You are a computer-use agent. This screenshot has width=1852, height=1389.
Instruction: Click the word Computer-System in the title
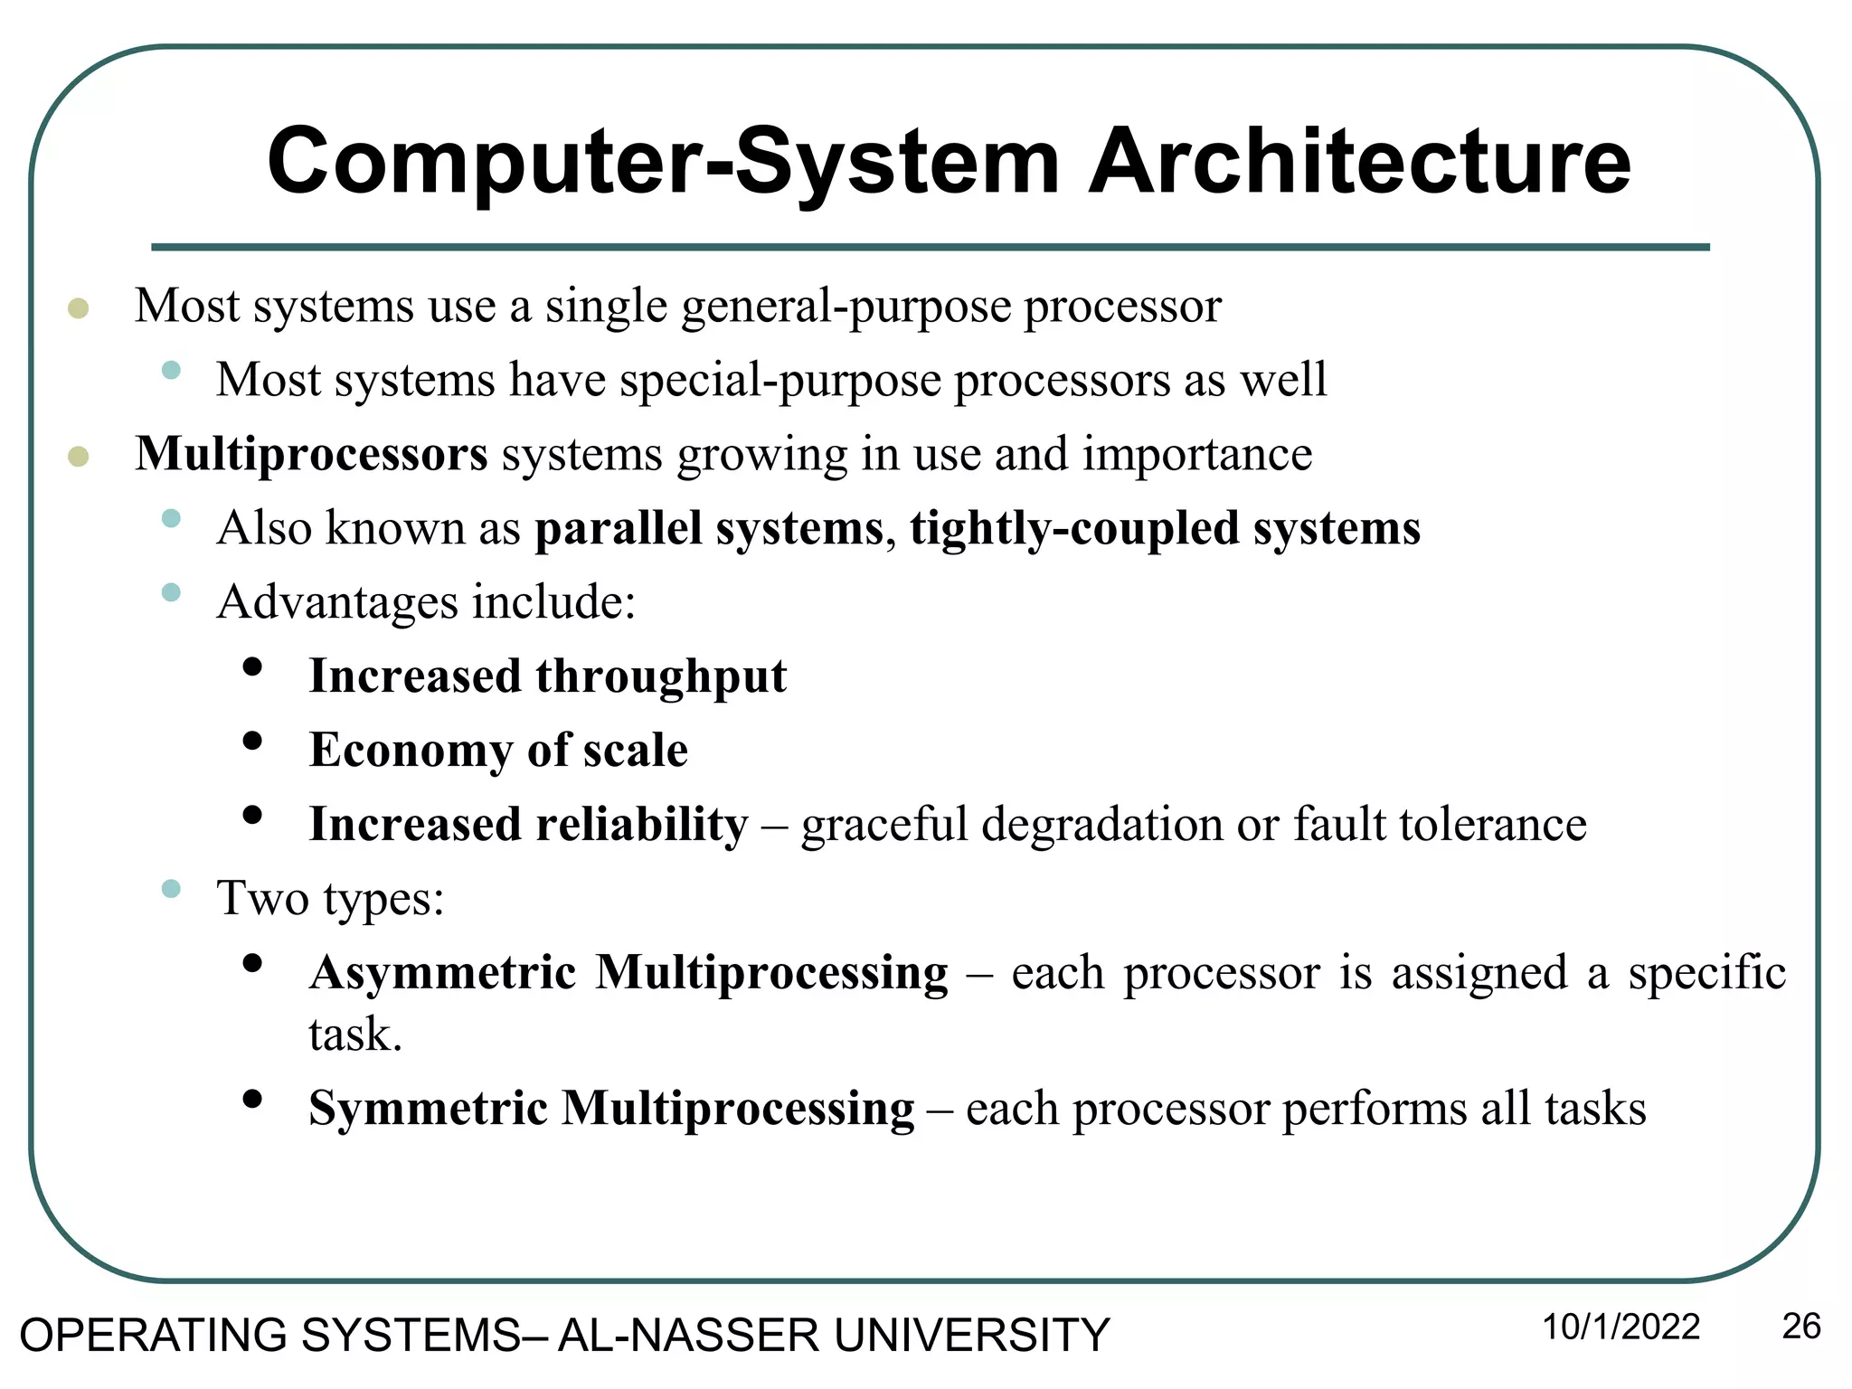(x=663, y=163)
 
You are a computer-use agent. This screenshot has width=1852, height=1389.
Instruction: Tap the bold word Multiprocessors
(x=311, y=453)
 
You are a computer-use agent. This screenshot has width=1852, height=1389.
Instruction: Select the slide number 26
(x=1800, y=1327)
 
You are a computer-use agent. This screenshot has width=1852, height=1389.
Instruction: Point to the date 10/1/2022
(x=1620, y=1328)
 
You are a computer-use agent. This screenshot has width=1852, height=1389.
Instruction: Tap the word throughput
(x=661, y=677)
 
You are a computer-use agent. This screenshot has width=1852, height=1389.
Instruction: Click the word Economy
(x=411, y=751)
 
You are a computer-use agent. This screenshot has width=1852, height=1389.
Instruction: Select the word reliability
(x=642, y=824)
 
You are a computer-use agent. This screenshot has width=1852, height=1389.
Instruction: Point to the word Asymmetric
(x=443, y=973)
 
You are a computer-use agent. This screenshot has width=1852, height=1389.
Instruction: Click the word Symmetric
(x=428, y=1108)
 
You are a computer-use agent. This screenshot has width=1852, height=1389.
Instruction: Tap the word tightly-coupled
(x=1074, y=528)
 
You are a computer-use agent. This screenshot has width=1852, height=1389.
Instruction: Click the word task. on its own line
(x=354, y=1034)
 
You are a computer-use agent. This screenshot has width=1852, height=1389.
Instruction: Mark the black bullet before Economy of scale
(x=252, y=742)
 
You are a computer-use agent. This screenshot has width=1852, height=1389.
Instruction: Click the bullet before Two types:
(x=171, y=889)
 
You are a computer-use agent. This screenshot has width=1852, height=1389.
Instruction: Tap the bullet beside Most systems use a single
(x=79, y=308)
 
